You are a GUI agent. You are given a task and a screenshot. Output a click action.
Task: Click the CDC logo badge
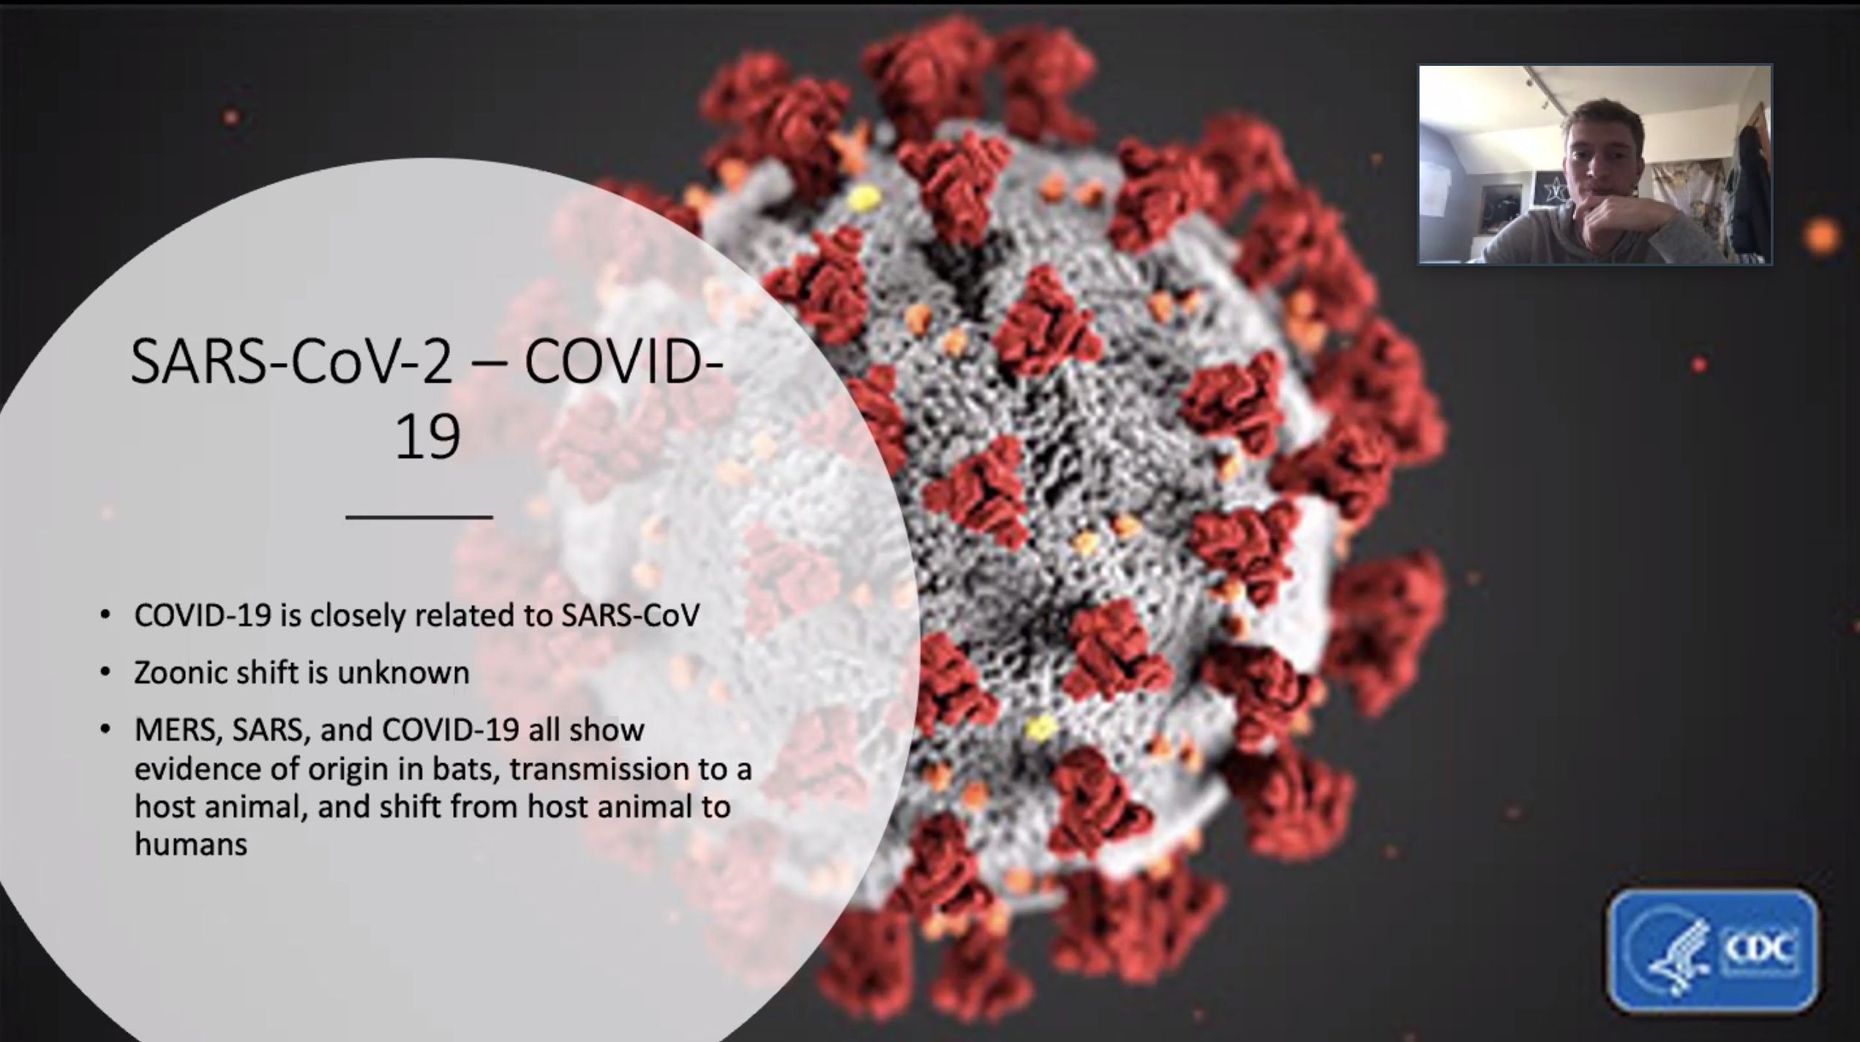(x=1712, y=950)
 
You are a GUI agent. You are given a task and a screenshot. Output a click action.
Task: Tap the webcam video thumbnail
(x=1595, y=164)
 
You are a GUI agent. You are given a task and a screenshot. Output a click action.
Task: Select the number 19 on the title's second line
(x=427, y=438)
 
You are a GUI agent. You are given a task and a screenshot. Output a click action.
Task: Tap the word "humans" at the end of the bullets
(x=191, y=844)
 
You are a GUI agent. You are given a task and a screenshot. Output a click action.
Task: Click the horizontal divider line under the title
(x=419, y=517)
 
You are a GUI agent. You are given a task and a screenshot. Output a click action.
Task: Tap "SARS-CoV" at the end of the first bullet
(x=631, y=615)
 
